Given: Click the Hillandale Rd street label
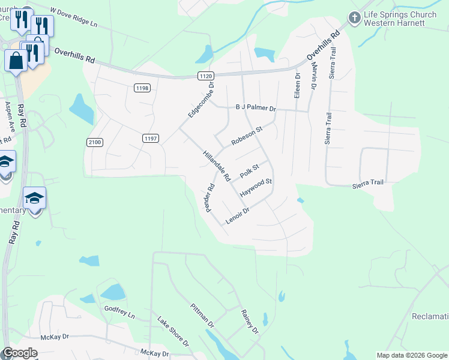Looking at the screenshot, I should click(x=217, y=166).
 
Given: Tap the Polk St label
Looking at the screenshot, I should click(x=249, y=171).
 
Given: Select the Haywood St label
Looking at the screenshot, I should click(x=256, y=188).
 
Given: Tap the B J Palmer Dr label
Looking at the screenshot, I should click(x=255, y=109).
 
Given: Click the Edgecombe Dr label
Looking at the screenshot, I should click(x=200, y=103).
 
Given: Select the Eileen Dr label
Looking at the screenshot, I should click(x=297, y=86).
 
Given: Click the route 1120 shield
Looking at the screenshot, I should click(x=206, y=75).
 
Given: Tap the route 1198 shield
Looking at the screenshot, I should click(x=142, y=88).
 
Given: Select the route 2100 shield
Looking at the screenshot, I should click(x=95, y=142).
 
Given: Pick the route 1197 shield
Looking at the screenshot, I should click(x=151, y=138).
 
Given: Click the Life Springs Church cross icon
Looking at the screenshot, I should click(x=354, y=18).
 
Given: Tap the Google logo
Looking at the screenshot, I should click(x=20, y=353).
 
